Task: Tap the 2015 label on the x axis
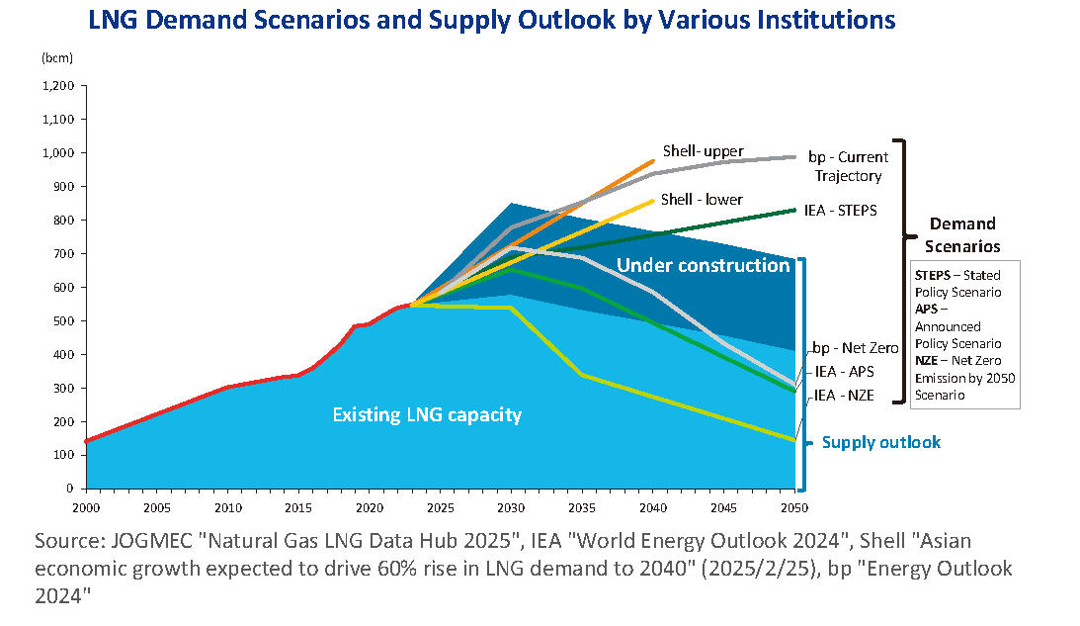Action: [298, 508]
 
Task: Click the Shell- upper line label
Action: [702, 151]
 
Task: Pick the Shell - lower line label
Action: [702, 200]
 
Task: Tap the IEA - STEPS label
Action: [840, 210]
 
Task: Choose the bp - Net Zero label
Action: [856, 348]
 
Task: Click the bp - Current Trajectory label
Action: [848, 166]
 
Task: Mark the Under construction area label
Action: [703, 265]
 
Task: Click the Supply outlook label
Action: [881, 442]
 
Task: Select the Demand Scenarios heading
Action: [962, 234]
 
